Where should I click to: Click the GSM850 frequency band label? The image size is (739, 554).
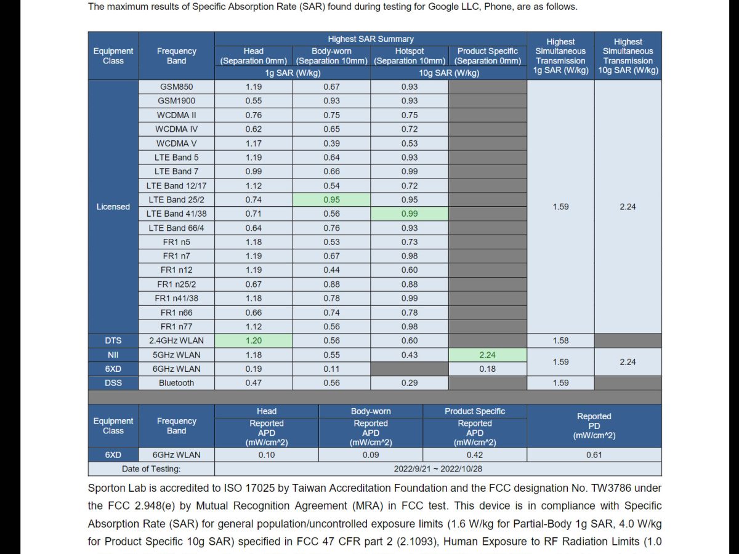click(x=176, y=87)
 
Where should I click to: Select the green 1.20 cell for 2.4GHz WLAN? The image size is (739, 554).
click(x=253, y=340)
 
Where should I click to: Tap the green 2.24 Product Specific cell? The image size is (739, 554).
click(x=487, y=355)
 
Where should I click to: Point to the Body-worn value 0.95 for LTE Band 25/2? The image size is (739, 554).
click(x=331, y=199)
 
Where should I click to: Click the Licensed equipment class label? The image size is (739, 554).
click(x=113, y=207)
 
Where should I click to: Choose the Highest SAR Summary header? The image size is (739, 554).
click(x=370, y=39)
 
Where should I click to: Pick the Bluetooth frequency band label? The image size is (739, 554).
click(x=176, y=383)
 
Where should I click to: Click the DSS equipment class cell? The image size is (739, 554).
click(x=113, y=383)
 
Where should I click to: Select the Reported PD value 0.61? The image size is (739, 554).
click(x=594, y=455)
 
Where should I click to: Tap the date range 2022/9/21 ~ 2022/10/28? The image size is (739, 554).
click(x=438, y=468)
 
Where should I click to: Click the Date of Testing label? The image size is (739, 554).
click(x=151, y=468)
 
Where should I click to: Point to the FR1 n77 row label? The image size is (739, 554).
click(x=176, y=326)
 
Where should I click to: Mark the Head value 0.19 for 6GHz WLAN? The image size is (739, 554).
click(x=253, y=369)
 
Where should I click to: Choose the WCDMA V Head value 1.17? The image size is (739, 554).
click(x=253, y=143)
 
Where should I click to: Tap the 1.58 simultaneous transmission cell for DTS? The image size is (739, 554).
click(x=560, y=340)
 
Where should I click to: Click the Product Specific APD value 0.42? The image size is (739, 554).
click(x=475, y=455)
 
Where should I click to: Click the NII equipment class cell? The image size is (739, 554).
click(x=113, y=355)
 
